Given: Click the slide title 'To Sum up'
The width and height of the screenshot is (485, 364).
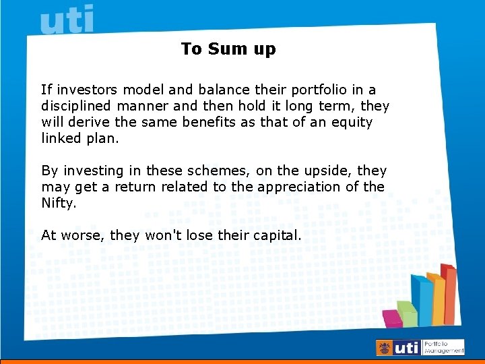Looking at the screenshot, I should click(x=228, y=49).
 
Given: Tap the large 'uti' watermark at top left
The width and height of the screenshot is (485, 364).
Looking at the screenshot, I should click(x=67, y=20).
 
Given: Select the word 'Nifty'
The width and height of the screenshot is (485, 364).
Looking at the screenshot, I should click(x=58, y=203).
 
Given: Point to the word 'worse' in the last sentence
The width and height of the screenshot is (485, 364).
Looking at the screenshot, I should click(x=86, y=235).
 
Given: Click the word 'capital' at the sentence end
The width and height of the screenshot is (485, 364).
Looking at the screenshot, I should click(x=276, y=235).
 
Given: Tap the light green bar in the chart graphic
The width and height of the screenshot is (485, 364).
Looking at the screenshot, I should click(x=407, y=313).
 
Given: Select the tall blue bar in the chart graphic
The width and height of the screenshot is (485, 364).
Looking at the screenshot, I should click(x=422, y=300).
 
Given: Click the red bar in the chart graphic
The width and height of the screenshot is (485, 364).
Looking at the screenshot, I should click(x=449, y=290).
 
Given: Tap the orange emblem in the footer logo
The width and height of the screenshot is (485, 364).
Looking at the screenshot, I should click(x=384, y=348).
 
